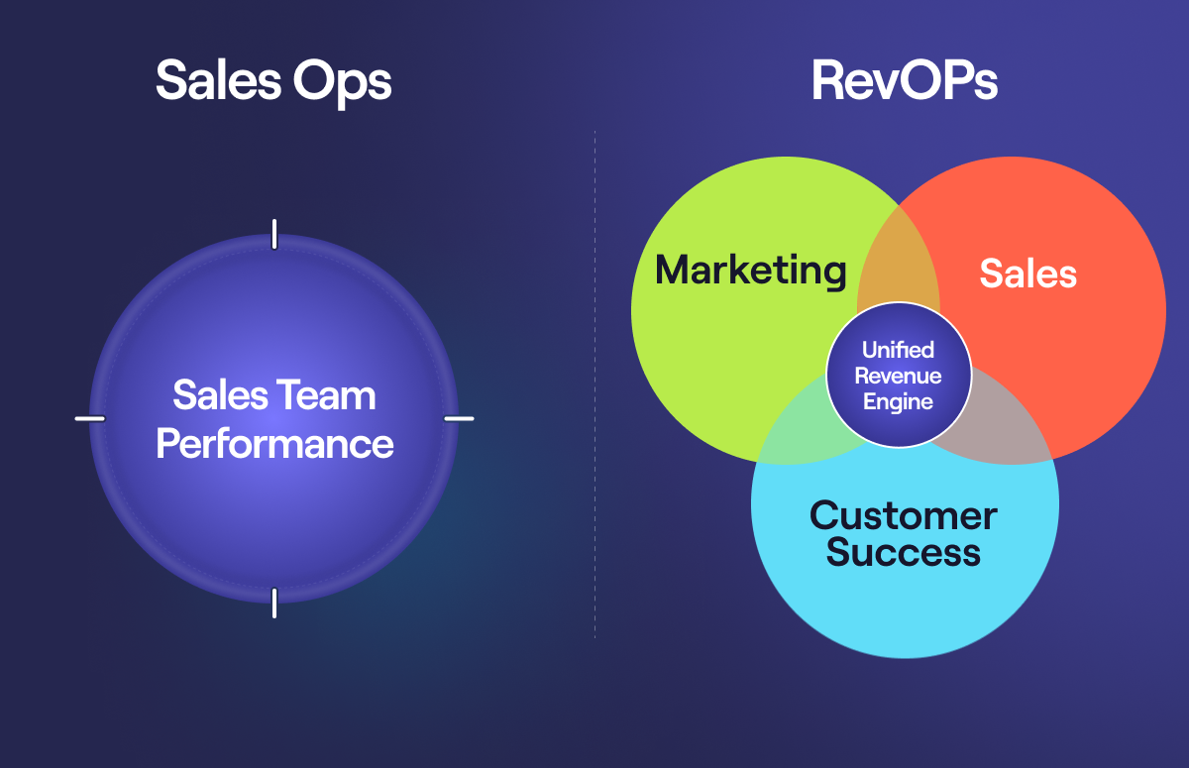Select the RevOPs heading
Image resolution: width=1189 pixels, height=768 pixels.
coord(904,82)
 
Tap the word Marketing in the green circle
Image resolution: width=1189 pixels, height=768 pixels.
coord(751,271)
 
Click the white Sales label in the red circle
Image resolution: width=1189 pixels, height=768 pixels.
coord(1027,274)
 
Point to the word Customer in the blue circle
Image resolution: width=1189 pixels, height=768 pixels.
coord(903,516)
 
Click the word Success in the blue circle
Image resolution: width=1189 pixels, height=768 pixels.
coord(903,552)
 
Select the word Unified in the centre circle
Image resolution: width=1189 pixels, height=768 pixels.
coord(898,351)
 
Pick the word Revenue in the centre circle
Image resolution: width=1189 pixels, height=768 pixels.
coord(898,377)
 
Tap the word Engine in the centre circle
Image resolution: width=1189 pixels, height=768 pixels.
coord(898,402)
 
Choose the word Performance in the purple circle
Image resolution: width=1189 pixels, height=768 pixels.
coord(274,444)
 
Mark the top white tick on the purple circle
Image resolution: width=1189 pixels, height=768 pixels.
coord(274,234)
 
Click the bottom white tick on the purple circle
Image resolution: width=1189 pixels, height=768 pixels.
coord(274,603)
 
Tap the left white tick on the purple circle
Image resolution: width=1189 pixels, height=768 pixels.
coord(90,418)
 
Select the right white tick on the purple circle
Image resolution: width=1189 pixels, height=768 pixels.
coord(459,418)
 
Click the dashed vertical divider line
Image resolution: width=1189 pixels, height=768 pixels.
coord(595,396)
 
